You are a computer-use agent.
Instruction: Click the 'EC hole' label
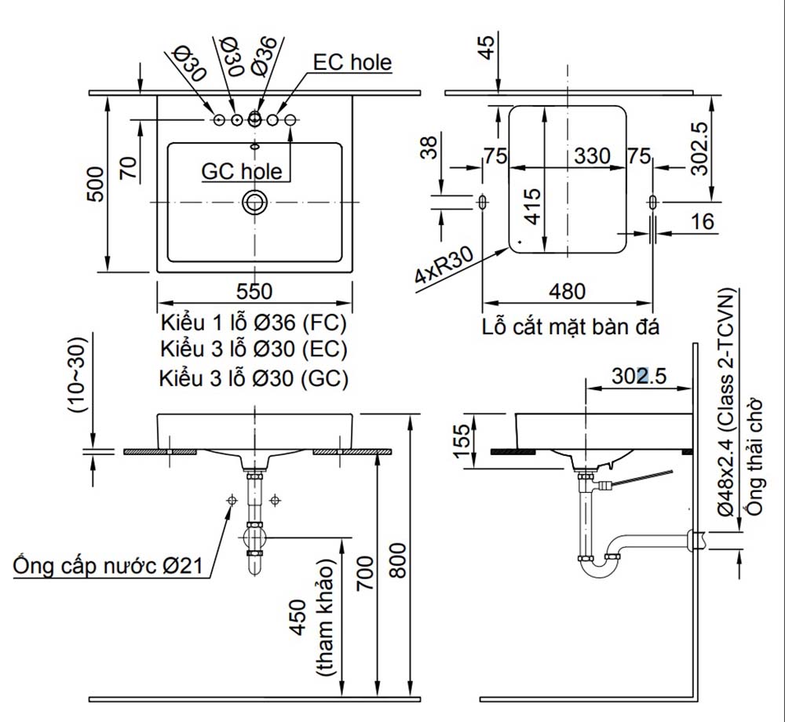(x=352, y=63)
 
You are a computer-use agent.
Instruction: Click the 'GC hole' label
(x=241, y=171)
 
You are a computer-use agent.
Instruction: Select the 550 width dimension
(x=254, y=292)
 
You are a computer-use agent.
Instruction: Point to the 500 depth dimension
(x=95, y=184)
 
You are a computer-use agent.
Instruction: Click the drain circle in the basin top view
(x=254, y=202)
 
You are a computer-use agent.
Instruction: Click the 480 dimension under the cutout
(x=567, y=292)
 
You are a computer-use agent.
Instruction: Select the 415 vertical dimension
(x=531, y=206)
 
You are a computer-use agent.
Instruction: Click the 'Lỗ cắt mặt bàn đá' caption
(x=571, y=327)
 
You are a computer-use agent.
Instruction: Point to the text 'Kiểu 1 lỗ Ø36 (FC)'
(x=254, y=324)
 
